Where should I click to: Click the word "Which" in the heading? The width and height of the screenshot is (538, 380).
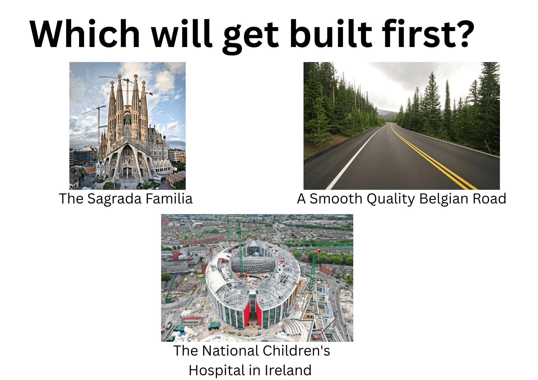(x=85, y=34)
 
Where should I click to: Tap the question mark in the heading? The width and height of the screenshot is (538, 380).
(x=463, y=34)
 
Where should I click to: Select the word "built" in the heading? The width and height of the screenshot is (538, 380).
(x=331, y=34)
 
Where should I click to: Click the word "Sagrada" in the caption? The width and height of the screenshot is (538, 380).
(x=114, y=199)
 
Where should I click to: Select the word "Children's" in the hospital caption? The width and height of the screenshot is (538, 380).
(x=296, y=351)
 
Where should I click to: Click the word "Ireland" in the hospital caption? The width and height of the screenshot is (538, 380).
(x=288, y=370)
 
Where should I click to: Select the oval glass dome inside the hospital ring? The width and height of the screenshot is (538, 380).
(x=253, y=264)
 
